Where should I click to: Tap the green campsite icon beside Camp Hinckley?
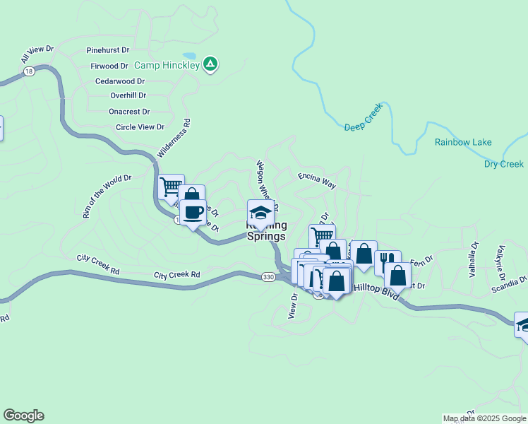(210, 65)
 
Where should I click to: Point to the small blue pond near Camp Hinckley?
(189, 56)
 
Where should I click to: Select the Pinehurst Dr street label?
(108, 51)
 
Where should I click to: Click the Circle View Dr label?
(140, 127)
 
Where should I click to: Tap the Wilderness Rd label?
(174, 138)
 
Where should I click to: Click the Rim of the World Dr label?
(107, 196)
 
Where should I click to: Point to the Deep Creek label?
(363, 117)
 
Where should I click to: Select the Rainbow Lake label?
(463, 142)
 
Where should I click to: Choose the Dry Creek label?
(504, 164)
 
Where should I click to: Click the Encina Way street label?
(316, 180)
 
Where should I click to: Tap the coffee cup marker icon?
(192, 211)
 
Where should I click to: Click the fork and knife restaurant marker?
(387, 261)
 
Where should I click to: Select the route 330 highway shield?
(268, 277)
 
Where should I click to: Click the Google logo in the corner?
(23, 416)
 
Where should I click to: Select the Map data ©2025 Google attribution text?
(484, 418)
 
